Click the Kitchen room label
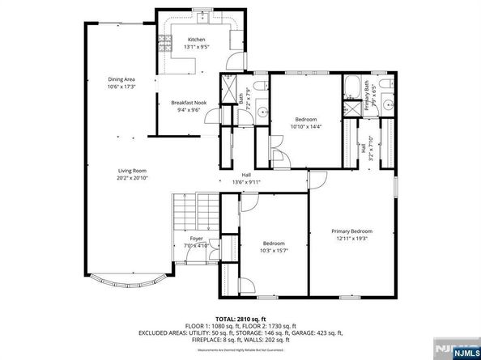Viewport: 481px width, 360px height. (197, 40)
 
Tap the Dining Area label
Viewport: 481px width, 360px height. (121, 79)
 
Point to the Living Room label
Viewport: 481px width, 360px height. (132, 170)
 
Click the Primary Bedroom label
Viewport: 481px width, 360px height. (350, 231)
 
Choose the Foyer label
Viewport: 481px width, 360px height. (196, 239)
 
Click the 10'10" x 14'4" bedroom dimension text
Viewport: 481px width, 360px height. (306, 126)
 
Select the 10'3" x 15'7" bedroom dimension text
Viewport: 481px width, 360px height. (274, 251)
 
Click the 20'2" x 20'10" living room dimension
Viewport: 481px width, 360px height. (132, 177)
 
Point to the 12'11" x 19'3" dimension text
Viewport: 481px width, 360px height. (350, 239)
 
